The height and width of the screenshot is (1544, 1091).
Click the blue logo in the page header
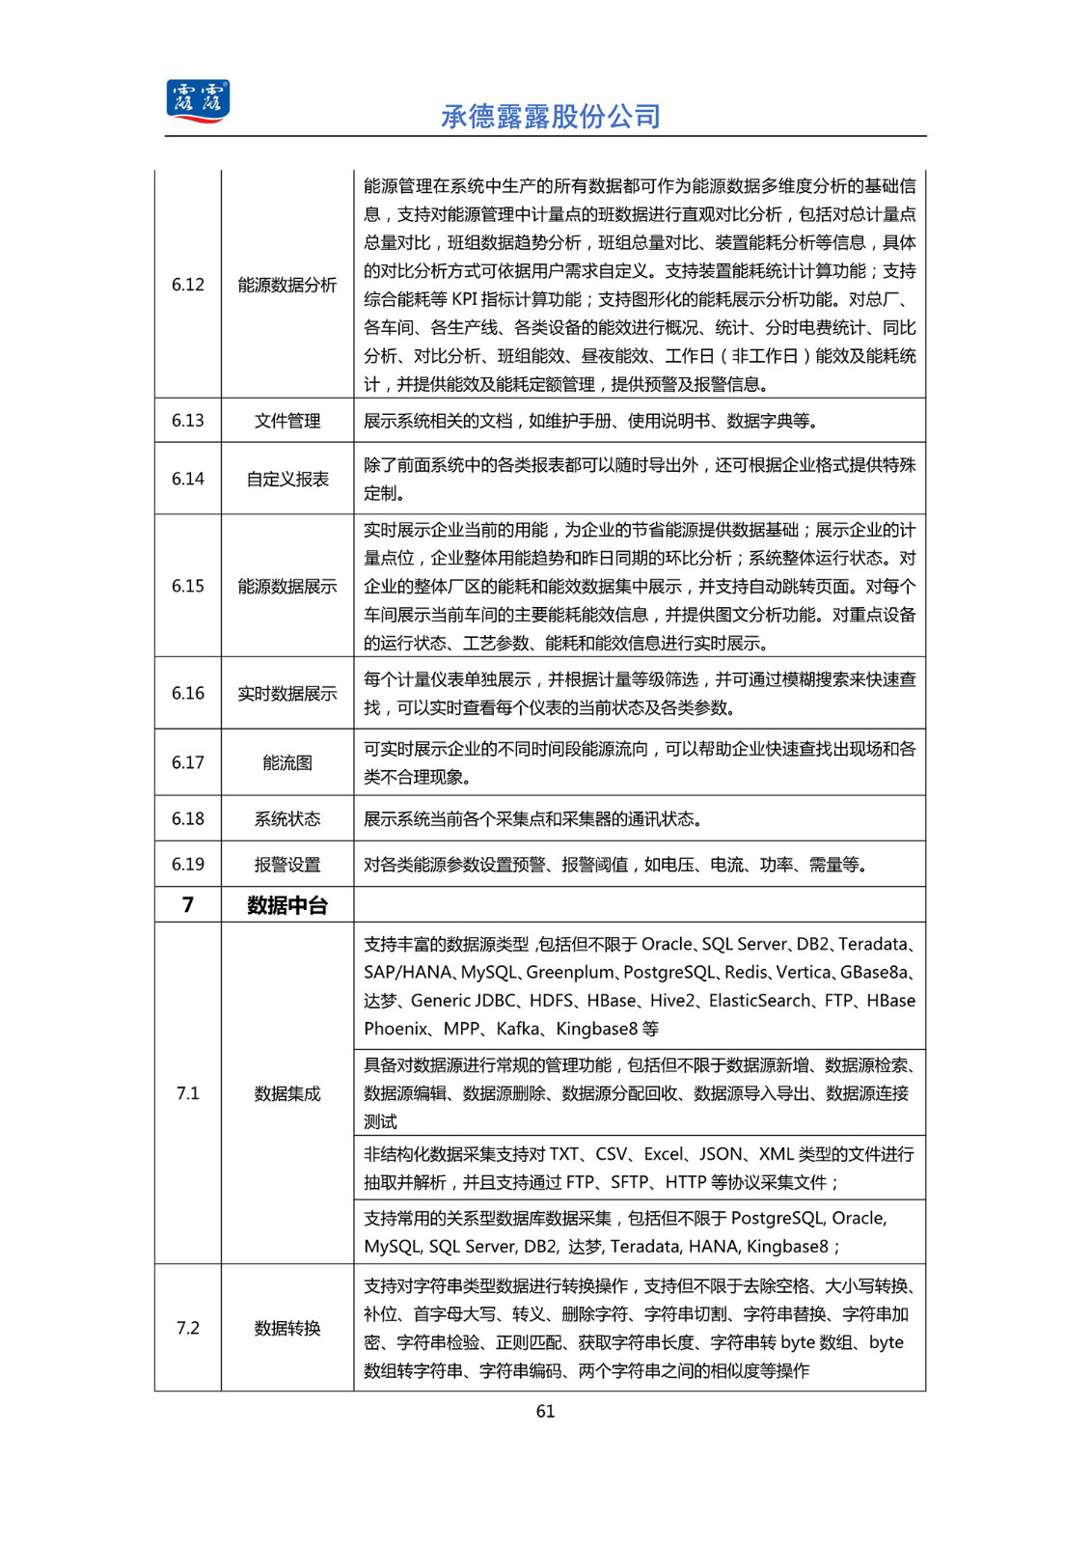click(x=198, y=101)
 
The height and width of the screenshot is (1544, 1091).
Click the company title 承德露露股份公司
click(x=550, y=117)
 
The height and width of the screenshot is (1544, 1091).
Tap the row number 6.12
click(x=188, y=285)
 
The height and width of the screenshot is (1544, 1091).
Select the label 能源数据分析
click(x=287, y=285)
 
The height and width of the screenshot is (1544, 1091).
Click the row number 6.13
click(x=188, y=421)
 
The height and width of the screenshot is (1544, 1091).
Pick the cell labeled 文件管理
click(x=287, y=421)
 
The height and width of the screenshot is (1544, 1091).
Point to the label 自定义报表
click(x=287, y=479)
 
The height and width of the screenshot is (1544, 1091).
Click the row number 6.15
click(x=188, y=586)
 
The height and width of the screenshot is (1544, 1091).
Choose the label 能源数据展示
click(x=287, y=586)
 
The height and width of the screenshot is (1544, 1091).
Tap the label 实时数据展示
click(x=287, y=693)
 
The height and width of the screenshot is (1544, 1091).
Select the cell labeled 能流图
click(x=287, y=762)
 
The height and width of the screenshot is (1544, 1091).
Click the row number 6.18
click(x=188, y=818)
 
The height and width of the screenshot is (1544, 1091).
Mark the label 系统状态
click(x=287, y=818)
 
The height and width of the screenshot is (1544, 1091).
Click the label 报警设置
click(x=287, y=865)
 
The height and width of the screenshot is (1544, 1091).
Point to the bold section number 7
click(x=188, y=905)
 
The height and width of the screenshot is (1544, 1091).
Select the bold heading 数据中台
click(x=287, y=905)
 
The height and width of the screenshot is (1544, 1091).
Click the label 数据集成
click(x=287, y=1093)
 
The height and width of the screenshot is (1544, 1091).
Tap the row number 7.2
click(x=188, y=1328)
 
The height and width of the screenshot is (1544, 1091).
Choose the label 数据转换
click(x=287, y=1328)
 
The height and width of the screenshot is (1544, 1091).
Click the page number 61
click(x=545, y=1411)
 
